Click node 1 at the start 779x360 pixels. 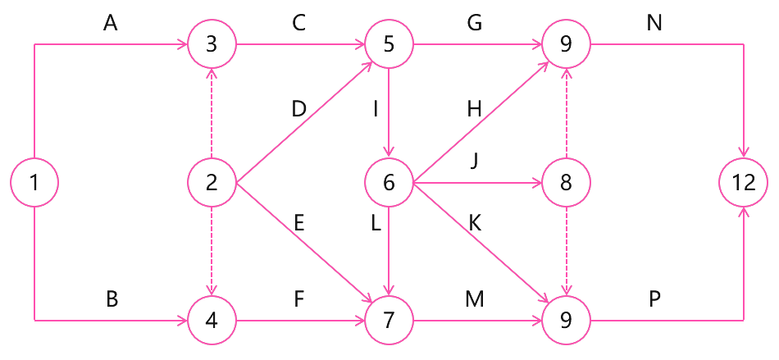point(34,181)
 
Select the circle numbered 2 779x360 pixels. point(212,181)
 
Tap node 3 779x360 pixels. point(212,44)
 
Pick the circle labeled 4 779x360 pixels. point(212,319)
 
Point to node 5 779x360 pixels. point(389,44)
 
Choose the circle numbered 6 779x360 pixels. point(389,181)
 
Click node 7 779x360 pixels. point(389,319)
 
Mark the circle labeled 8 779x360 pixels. point(566,181)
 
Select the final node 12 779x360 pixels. point(744,181)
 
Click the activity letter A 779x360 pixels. point(111,24)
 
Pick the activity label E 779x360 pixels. point(298,223)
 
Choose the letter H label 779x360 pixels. point(474,109)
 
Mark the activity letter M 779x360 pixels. point(474,299)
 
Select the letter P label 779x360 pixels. point(654,299)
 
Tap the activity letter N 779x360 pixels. point(654,24)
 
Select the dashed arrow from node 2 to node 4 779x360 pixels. point(212,250)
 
